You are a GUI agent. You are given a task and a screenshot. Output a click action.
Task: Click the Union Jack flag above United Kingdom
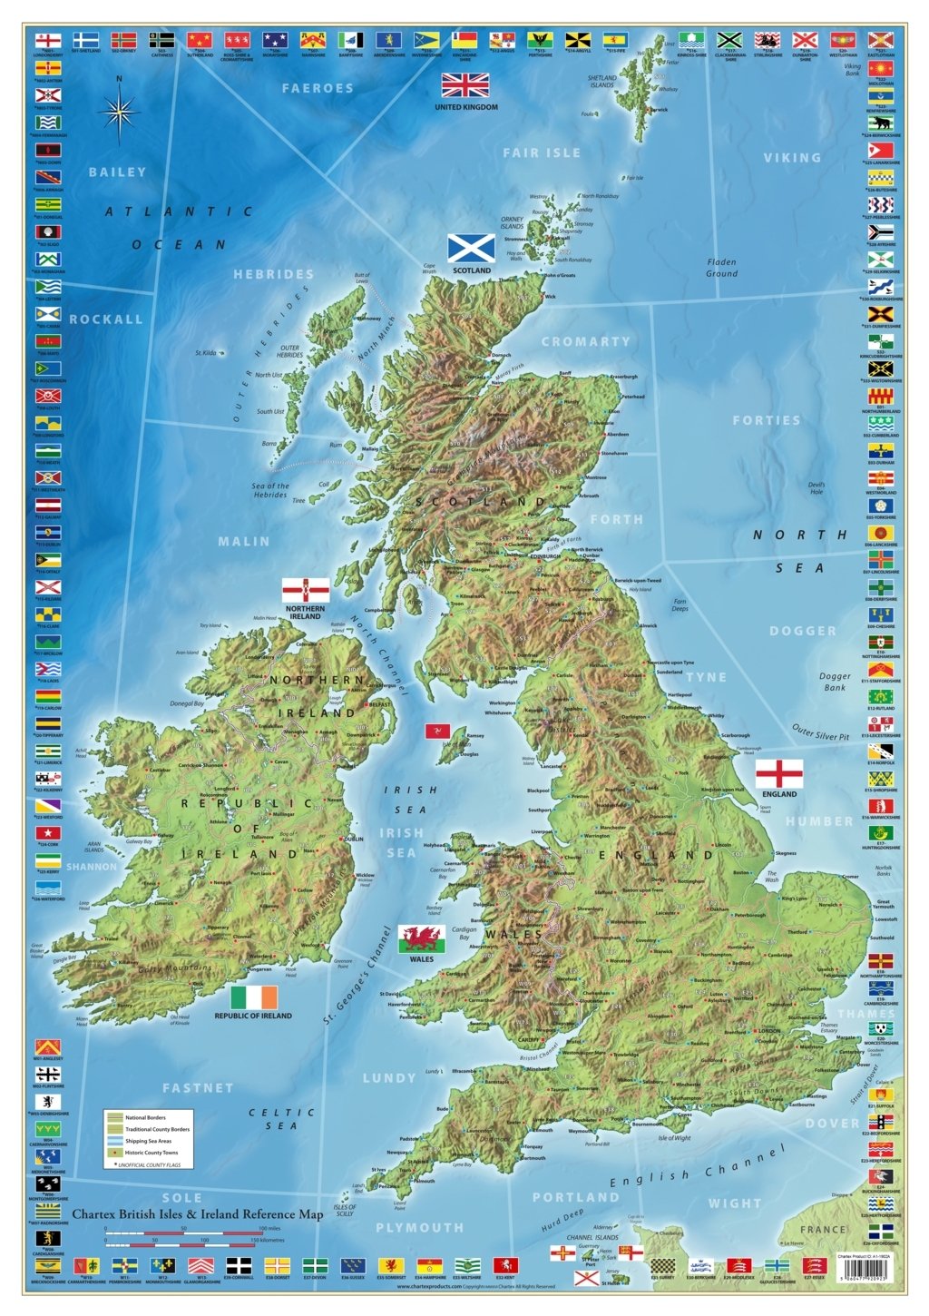[465, 85]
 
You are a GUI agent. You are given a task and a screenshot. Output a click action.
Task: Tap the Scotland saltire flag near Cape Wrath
[471, 248]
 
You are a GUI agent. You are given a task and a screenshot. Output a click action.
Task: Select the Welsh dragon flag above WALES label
[422, 938]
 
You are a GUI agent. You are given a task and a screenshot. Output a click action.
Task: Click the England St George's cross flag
[778, 773]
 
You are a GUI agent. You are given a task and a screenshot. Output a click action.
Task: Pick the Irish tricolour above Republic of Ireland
[254, 997]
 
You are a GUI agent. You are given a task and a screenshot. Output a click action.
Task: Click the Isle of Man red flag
[437, 732]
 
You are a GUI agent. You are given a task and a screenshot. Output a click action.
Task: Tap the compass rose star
[119, 114]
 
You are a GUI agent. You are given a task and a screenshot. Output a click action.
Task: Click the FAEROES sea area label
[317, 88]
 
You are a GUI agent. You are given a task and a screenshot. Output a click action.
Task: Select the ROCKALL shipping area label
[106, 319]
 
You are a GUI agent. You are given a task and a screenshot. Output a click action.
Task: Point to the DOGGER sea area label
[803, 631]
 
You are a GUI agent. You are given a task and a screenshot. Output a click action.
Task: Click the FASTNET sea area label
[198, 1087]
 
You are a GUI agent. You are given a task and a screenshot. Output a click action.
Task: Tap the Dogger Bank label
[835, 682]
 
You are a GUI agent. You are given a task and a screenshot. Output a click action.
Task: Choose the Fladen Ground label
[722, 268]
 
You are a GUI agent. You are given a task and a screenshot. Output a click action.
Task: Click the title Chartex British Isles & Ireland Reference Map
[197, 1213]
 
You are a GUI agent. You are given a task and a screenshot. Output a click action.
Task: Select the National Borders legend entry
[145, 1117]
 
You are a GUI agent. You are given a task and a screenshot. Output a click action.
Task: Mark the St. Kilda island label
[206, 353]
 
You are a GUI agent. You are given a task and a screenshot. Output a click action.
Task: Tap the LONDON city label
[768, 1031]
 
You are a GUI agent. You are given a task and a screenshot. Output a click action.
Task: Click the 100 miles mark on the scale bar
[269, 1229]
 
